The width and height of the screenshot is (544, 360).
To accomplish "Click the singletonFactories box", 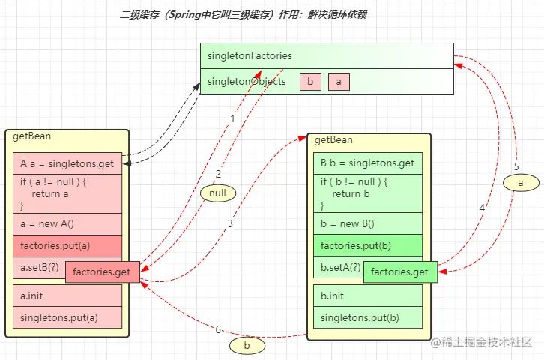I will point(326,55).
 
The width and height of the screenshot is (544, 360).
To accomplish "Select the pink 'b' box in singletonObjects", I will point(310,82).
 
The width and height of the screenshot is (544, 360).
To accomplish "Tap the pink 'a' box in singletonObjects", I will point(339,82).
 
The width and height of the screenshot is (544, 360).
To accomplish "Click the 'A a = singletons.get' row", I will point(67,164).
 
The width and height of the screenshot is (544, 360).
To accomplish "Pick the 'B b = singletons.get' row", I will point(367,163).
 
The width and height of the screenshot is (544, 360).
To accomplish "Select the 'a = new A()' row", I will point(67,224).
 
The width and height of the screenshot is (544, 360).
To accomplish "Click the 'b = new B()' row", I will point(367,223).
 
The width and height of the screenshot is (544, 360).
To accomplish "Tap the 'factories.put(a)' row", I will point(67,245).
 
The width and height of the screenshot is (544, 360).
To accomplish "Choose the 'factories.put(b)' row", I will point(367,245).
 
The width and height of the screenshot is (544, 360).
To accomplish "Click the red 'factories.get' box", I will point(103,271).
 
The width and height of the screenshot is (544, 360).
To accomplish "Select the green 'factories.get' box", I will point(399,271).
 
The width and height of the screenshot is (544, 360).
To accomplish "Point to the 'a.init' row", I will point(67,295).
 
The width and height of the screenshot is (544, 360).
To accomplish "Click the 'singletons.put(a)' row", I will point(67,316).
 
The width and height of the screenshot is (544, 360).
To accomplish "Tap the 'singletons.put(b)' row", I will point(367,316).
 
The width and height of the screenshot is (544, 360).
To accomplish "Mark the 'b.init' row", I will point(367,295).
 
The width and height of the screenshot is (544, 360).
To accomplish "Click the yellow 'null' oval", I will point(218,193).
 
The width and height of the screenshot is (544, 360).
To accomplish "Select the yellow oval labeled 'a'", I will point(520,182).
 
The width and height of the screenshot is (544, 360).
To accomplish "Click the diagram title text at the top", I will point(244,15).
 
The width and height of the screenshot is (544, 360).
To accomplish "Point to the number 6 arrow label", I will point(218,329).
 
